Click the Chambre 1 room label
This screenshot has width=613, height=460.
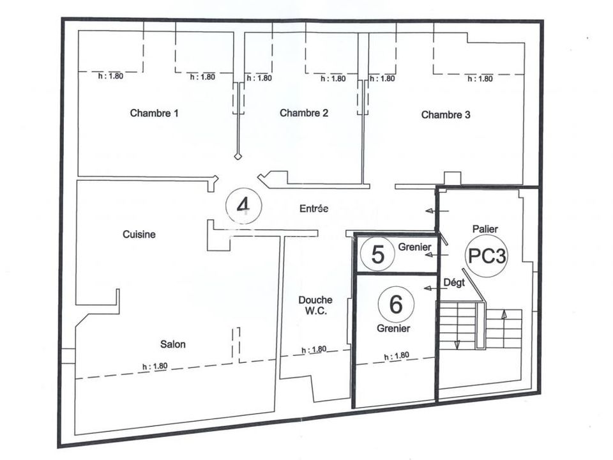click(154, 113)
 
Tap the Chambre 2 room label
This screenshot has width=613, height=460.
click(304, 113)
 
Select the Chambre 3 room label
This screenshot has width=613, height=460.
click(446, 114)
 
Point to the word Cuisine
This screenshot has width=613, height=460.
click(139, 234)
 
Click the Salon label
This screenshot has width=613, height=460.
click(173, 344)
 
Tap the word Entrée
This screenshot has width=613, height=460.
click(314, 208)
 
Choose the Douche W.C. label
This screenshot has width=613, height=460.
click(315, 305)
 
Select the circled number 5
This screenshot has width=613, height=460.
click(377, 254)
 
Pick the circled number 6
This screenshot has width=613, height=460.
click(396, 304)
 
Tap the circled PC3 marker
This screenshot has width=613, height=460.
click(487, 256)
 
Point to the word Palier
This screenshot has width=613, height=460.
click(485, 229)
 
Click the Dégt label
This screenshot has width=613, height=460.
click(454, 282)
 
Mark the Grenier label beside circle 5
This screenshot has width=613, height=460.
click(415, 247)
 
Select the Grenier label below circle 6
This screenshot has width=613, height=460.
click(393, 328)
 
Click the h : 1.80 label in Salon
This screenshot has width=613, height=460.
click(155, 367)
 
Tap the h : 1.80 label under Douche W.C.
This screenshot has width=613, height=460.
click(314, 349)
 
